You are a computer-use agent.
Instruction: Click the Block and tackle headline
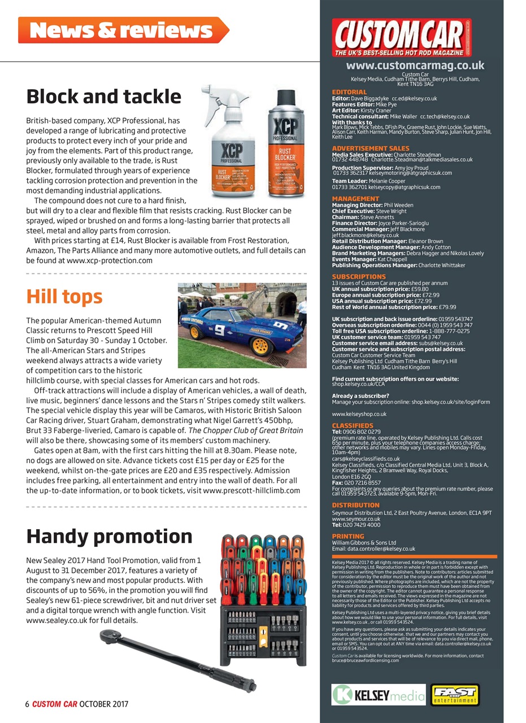click(x=103, y=97)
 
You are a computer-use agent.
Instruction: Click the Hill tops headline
click(x=64, y=297)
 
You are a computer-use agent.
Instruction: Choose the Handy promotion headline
click(x=110, y=536)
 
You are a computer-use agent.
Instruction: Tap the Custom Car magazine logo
click(x=402, y=37)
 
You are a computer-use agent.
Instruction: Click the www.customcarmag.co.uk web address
click(x=415, y=66)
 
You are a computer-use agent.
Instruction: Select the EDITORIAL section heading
click(x=349, y=92)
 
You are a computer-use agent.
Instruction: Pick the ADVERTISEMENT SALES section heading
click(x=371, y=148)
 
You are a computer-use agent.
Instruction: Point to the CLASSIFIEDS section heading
click(x=353, y=425)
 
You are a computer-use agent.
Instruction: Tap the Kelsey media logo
click(x=377, y=695)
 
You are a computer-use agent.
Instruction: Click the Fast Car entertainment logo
click(x=455, y=695)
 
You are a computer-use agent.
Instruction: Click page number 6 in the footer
click(x=27, y=704)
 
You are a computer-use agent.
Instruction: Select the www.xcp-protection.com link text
click(x=110, y=260)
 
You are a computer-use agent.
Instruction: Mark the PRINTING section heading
click(x=348, y=536)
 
